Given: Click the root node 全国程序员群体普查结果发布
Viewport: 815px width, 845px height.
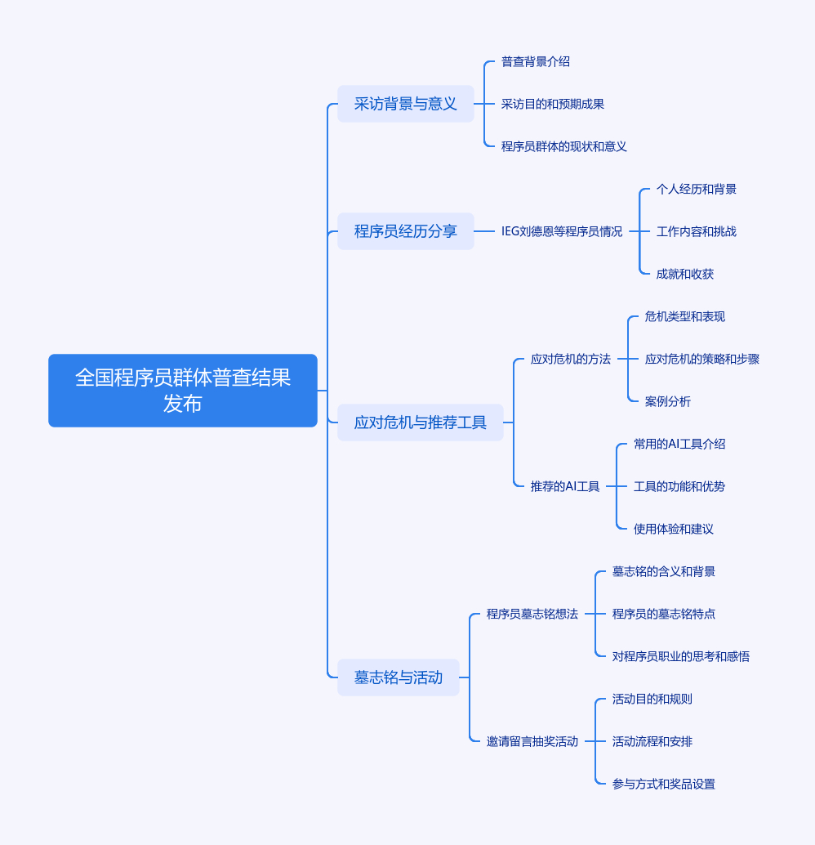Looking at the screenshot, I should pyautogui.click(x=183, y=391).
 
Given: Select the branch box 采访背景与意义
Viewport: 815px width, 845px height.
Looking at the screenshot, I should pyautogui.click(x=406, y=104).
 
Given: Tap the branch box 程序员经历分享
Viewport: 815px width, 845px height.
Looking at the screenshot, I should pyautogui.click(x=406, y=231).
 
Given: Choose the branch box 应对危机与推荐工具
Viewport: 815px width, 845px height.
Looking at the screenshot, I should pyautogui.click(x=421, y=422).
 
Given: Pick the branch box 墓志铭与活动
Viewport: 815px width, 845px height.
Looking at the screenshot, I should pyautogui.click(x=399, y=677).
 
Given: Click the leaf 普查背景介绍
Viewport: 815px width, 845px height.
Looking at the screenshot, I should pyautogui.click(x=536, y=61).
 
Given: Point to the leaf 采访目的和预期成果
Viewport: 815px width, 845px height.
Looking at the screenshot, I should pyautogui.click(x=553, y=104).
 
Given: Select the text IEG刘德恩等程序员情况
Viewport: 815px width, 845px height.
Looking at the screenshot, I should pyautogui.click(x=562, y=231).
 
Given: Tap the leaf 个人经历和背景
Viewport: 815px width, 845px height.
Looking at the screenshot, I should pyautogui.click(x=697, y=189).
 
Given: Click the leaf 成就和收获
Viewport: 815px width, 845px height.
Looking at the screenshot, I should pyautogui.click(x=685, y=274).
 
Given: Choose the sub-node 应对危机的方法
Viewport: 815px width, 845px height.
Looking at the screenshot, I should pyautogui.click(x=571, y=359).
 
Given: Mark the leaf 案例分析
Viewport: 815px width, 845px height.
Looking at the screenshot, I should pyautogui.click(x=668, y=401).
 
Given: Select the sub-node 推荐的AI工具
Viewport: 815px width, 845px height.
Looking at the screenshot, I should pyautogui.click(x=565, y=486).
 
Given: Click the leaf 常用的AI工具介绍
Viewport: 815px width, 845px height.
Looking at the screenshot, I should pyautogui.click(x=679, y=444).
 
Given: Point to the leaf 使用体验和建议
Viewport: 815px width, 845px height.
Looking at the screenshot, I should pyautogui.click(x=674, y=529).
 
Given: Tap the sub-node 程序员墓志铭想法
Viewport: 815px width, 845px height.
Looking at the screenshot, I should pyautogui.click(x=532, y=614).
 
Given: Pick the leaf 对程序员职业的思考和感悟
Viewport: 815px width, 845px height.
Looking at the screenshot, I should pyautogui.click(x=681, y=656).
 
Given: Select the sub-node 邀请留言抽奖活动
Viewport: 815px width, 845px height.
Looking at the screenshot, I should pyautogui.click(x=532, y=741).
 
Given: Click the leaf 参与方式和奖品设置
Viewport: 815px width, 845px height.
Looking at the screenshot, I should pyautogui.click(x=664, y=784).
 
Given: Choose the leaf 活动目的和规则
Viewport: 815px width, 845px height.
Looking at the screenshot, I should pyautogui.click(x=652, y=699).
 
